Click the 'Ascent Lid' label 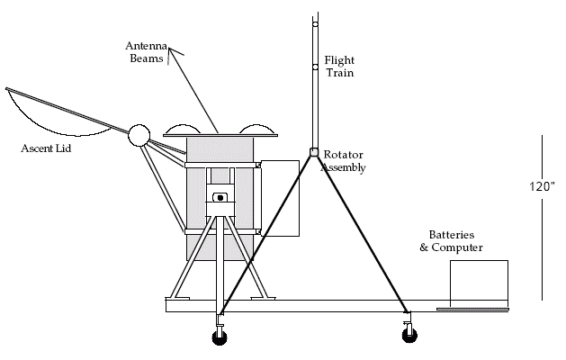[46, 148]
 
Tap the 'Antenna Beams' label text [146, 52]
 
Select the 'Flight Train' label [339, 67]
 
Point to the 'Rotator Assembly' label [343, 161]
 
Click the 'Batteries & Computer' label [451, 241]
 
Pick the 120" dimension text [542, 186]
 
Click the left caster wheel [220, 337]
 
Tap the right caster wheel [409, 335]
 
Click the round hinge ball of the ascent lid [139, 135]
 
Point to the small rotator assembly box [314, 152]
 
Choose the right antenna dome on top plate [256, 130]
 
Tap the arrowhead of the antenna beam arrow [170, 49]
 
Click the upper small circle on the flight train [316, 24]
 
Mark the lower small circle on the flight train [316, 67]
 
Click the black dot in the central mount [220, 198]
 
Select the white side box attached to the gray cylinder [280, 199]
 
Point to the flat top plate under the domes [220, 136]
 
